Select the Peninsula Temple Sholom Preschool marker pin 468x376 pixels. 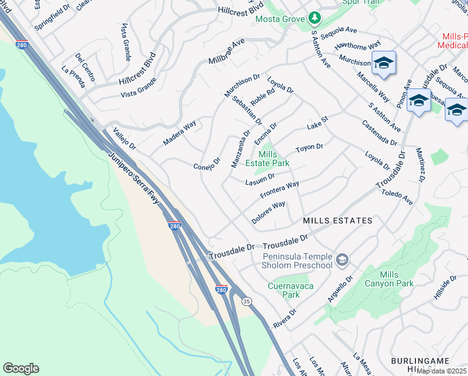click(342, 259)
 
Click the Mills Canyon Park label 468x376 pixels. click(397, 279)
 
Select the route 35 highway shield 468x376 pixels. click(247, 301)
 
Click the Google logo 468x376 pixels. click(21, 368)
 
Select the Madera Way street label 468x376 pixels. click(180, 133)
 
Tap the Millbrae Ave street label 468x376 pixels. click(226, 53)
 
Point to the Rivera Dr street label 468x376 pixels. click(284, 318)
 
